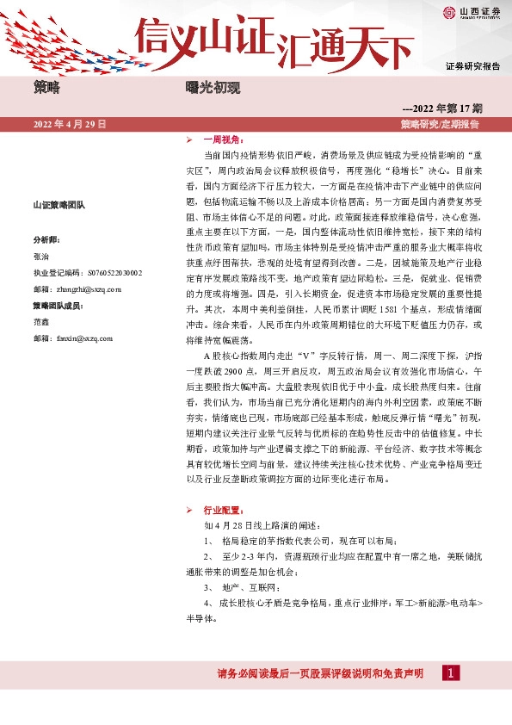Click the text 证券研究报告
click(472, 66)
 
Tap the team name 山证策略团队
click(56, 205)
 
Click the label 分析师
click(46, 239)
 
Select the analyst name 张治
click(41, 256)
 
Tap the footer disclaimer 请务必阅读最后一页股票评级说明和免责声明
click(319, 673)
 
